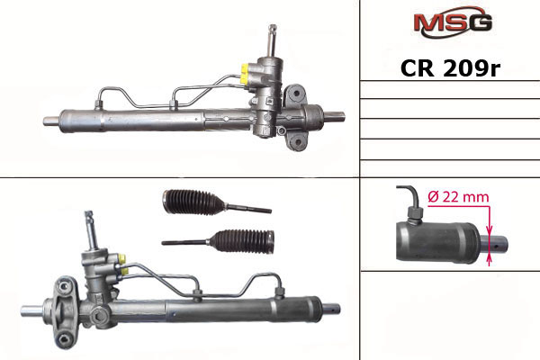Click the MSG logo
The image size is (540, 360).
[453, 22]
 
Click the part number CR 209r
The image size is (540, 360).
[450, 68]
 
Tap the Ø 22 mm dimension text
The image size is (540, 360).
[458, 197]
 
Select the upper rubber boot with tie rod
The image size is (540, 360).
[217, 202]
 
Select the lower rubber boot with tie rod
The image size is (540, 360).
[218, 240]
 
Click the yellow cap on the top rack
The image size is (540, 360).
[245, 74]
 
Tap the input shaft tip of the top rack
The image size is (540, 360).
[273, 28]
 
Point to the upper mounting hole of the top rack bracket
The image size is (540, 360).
[296, 93]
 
